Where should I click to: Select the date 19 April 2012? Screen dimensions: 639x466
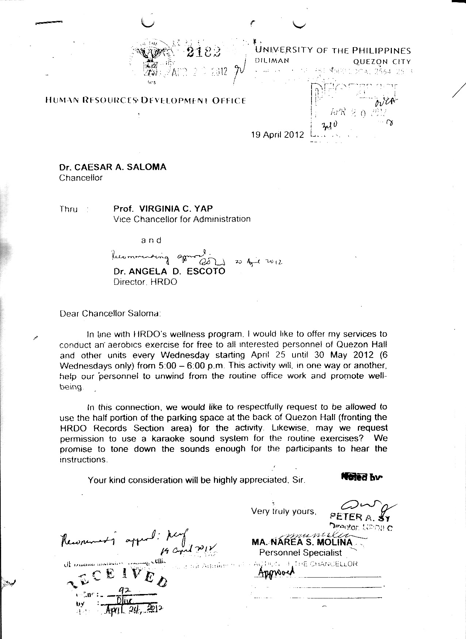tap(277, 135)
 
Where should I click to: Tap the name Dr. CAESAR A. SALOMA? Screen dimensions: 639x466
tap(112, 167)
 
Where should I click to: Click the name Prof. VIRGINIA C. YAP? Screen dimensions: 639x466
tap(163, 209)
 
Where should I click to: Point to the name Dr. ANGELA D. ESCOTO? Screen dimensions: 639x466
tap(169, 271)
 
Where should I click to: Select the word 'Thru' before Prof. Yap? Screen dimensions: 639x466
tap(69, 209)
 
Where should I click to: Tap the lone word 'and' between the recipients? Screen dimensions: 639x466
tap(151, 240)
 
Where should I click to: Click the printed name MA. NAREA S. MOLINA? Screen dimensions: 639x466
tap(302, 542)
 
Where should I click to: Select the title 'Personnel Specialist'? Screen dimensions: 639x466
tap(301, 552)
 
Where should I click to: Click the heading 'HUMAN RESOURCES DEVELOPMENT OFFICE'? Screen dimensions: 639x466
tap(145, 100)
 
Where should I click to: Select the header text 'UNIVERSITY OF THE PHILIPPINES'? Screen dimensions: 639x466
tap(333, 51)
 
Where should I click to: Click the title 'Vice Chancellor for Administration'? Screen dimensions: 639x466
tap(182, 219)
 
